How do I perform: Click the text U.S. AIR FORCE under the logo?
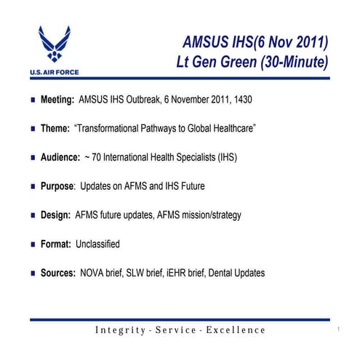pyautogui.click(x=55, y=72)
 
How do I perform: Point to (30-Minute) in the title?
pyautogui.click(x=298, y=61)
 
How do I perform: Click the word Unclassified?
pyautogui.click(x=97, y=244)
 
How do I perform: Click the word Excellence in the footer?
pyautogui.click(x=236, y=330)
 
